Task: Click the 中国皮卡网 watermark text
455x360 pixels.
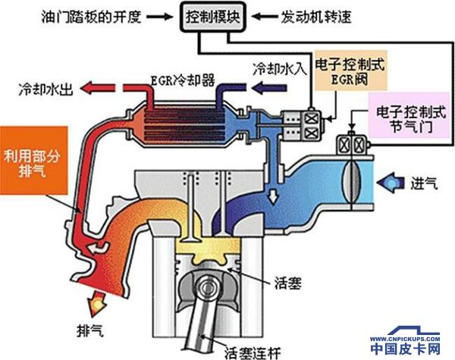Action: [406, 349]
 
